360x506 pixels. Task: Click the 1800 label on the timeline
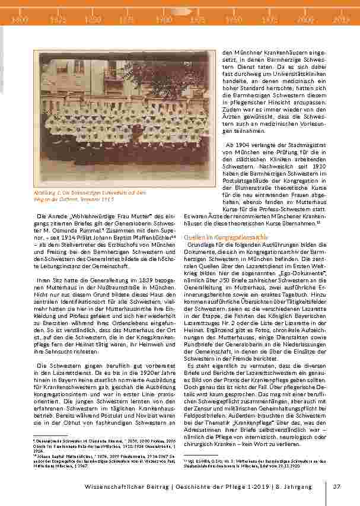pyautogui.click(x=20, y=19)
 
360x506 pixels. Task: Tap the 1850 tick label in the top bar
pyautogui.click(x=93, y=19)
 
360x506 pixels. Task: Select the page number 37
pyautogui.click(x=336, y=487)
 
